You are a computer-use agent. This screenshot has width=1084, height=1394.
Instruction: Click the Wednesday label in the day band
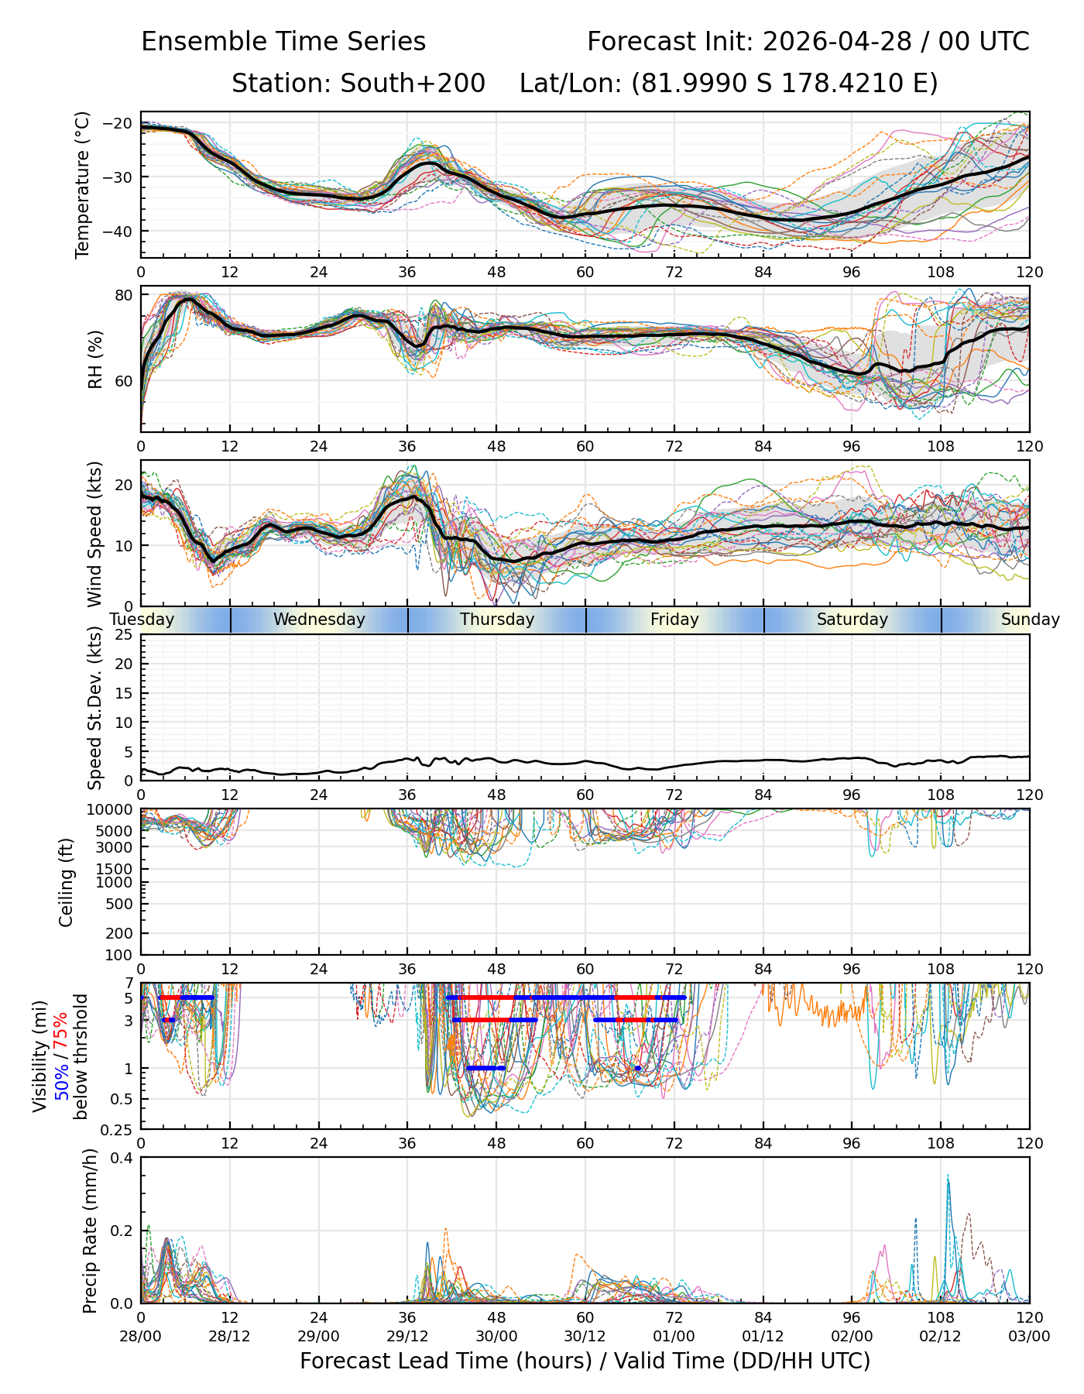tap(319, 620)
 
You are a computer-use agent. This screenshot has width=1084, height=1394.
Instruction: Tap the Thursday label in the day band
tap(497, 620)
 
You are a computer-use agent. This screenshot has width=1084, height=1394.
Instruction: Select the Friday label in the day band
tap(674, 620)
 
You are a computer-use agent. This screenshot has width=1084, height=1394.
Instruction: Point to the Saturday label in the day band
tap(852, 620)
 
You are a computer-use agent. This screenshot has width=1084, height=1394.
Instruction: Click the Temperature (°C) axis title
tap(83, 184)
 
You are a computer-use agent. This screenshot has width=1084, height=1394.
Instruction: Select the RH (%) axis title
tap(95, 359)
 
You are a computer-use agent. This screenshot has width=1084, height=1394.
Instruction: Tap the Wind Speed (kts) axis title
tap(94, 534)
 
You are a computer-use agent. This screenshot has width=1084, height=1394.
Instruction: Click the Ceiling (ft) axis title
tap(67, 881)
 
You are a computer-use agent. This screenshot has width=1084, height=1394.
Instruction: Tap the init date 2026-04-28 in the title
tap(837, 42)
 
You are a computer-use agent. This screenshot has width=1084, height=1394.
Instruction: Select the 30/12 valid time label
tap(585, 1337)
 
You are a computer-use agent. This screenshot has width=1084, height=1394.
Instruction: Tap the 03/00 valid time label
tap(1029, 1337)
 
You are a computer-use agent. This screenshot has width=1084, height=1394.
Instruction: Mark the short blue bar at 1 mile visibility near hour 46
tap(486, 1068)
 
